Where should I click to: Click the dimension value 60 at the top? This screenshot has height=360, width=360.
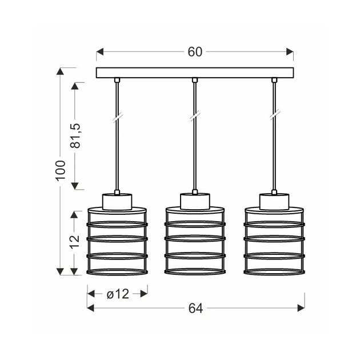[195, 52]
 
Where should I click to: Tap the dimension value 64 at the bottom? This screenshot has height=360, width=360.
[195, 308]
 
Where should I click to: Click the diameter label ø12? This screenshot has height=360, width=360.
[118, 294]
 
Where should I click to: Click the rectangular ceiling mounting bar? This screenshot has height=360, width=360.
[195, 73]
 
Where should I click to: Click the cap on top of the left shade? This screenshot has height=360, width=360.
[117, 201]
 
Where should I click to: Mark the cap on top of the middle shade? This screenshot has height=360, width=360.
[195, 201]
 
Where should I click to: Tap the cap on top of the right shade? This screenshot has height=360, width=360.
[274, 201]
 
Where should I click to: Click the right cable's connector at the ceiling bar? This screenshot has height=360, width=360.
[274, 80]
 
